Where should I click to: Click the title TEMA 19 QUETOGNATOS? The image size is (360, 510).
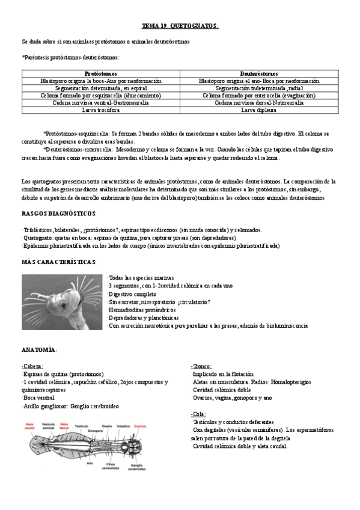[180, 26]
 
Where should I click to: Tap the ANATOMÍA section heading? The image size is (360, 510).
[39, 349]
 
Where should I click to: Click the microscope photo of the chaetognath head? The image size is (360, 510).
[62, 302]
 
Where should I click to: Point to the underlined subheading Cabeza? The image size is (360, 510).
[32, 366]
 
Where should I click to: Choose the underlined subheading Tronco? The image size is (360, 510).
[201, 366]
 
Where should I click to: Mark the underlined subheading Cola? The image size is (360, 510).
[199, 414]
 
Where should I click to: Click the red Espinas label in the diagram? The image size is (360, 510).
[140, 425]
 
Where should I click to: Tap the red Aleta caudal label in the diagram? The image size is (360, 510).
[29, 426]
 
